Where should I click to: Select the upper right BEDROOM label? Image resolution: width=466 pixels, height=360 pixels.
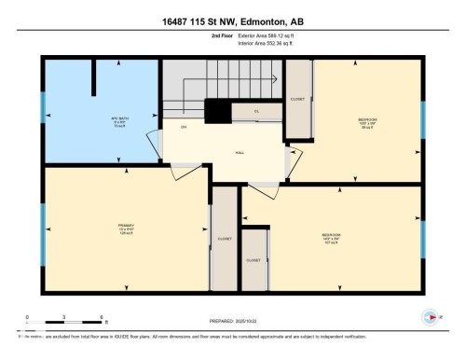(x=368, y=121)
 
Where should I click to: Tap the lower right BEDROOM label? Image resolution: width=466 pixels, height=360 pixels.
(x=331, y=235)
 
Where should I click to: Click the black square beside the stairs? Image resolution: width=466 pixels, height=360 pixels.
(x=217, y=111)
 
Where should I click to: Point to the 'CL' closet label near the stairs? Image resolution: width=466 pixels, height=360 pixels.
(x=257, y=112)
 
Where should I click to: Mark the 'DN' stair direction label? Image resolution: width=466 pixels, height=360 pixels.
(x=184, y=126)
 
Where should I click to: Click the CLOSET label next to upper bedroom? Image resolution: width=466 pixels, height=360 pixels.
(x=297, y=98)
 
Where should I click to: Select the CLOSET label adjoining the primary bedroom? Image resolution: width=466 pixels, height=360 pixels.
(x=225, y=239)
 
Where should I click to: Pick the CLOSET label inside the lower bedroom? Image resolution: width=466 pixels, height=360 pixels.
(x=254, y=260)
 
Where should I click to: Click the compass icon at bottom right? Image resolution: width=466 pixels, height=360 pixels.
(x=430, y=316)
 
